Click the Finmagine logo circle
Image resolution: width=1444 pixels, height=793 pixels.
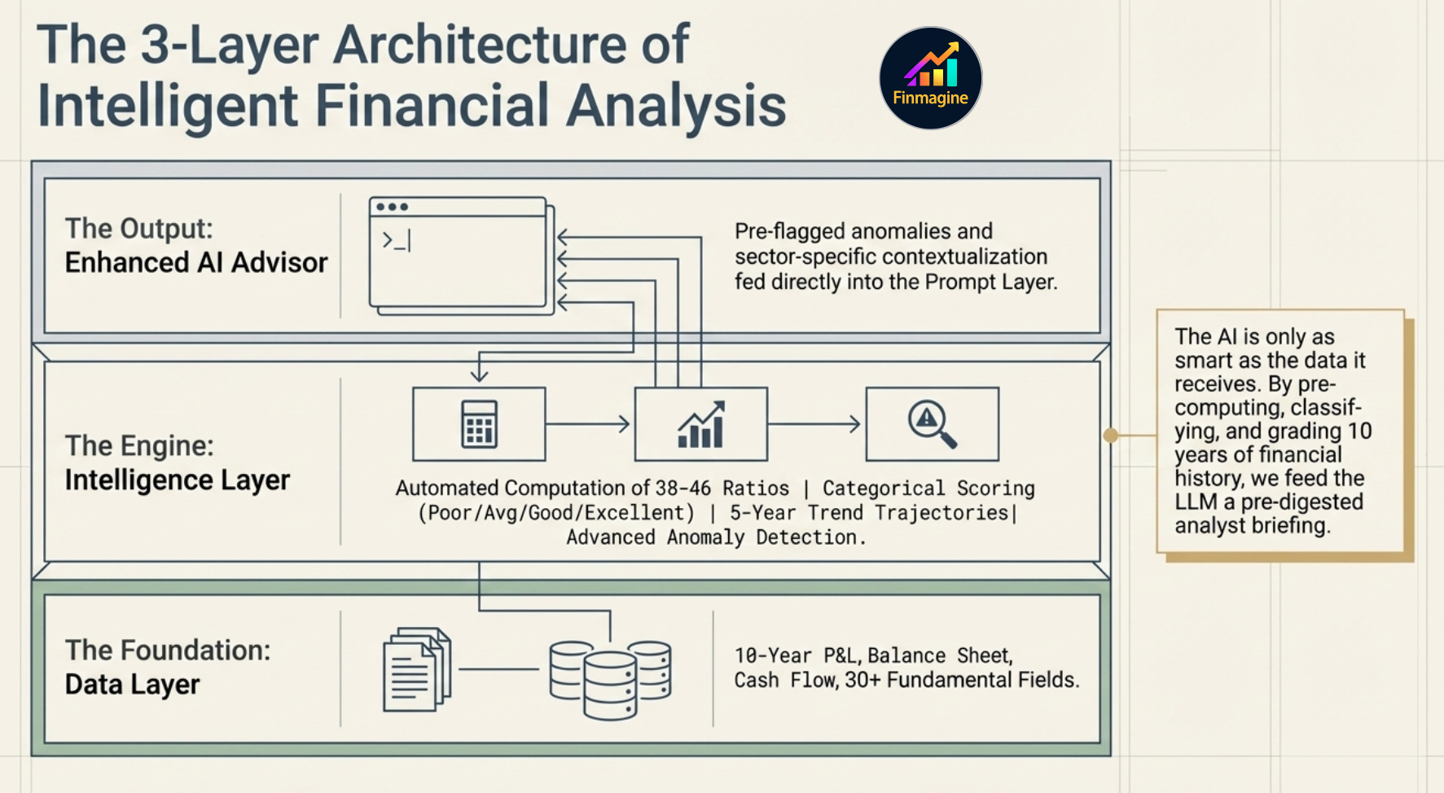click(x=930, y=78)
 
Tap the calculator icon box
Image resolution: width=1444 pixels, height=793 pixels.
click(x=479, y=424)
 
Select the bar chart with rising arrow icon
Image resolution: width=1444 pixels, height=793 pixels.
click(x=700, y=424)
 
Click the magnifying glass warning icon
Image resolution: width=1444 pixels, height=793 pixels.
click(x=932, y=424)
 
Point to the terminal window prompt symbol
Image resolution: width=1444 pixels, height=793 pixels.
click(x=397, y=240)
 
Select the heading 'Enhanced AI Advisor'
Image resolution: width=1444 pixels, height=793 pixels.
click(x=196, y=263)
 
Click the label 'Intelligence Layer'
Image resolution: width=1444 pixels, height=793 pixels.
click(x=178, y=480)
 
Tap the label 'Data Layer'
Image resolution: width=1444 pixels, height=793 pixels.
click(x=133, y=685)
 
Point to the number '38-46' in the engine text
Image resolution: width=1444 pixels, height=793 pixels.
click(x=682, y=489)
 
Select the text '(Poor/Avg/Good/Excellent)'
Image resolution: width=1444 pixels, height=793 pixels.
click(x=556, y=513)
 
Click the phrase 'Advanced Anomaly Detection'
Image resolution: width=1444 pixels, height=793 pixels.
click(x=712, y=537)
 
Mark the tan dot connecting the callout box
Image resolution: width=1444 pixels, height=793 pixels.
click(x=1110, y=436)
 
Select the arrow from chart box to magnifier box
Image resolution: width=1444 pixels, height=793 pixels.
click(x=815, y=424)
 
